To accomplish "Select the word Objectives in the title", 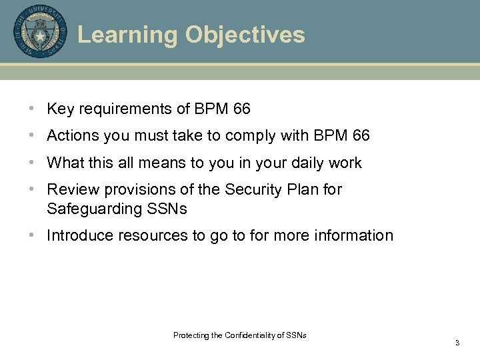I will click(x=245, y=35).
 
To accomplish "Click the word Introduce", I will click(x=77, y=235).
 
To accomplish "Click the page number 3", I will click(x=457, y=343).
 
